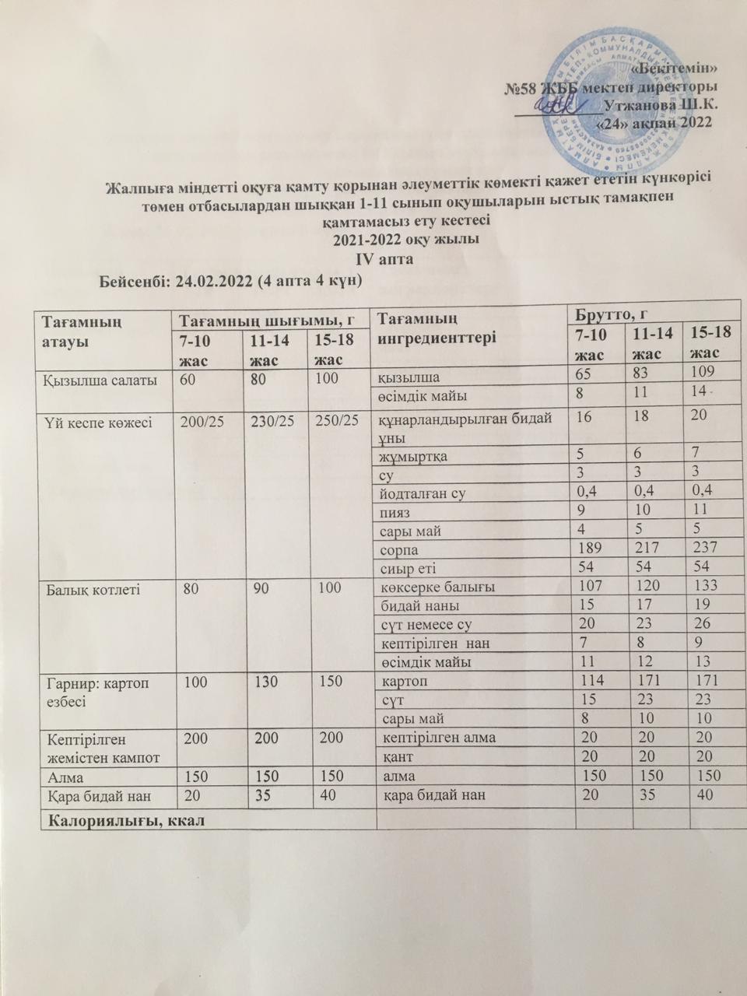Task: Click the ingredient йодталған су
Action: pyautogui.click(x=423, y=493)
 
